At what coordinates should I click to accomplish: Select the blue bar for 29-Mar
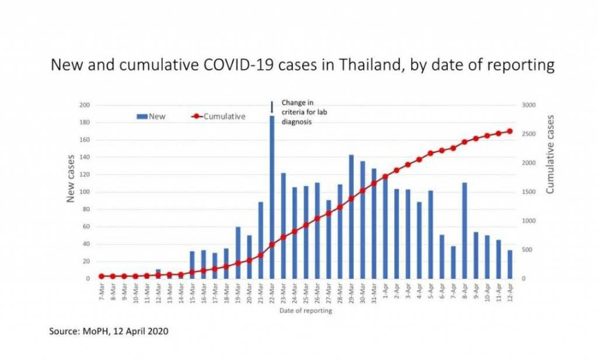352,217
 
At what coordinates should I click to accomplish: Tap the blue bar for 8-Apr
464,231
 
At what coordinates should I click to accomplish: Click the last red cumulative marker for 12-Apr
510,131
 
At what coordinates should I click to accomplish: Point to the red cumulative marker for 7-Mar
102,276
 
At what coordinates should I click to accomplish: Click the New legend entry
151,116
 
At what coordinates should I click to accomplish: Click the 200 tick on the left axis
85,105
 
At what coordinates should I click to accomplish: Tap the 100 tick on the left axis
85,192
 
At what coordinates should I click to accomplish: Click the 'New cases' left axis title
71,178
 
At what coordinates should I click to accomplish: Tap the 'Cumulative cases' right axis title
550,154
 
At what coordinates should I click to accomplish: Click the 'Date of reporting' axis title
305,311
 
